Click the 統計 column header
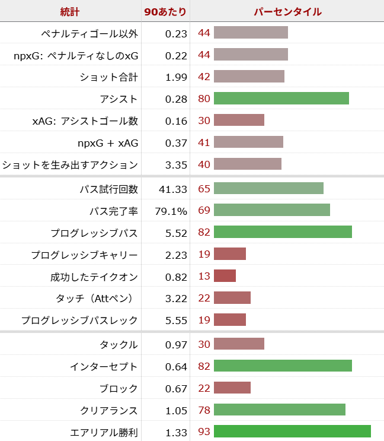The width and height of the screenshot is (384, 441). click(x=70, y=12)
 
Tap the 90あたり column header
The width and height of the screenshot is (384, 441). click(x=165, y=12)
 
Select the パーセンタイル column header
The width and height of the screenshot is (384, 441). click(x=287, y=12)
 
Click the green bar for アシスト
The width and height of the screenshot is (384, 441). click(x=281, y=99)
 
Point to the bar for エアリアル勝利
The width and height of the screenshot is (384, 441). click(x=292, y=432)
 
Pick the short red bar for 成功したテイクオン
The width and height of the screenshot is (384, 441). click(x=225, y=277)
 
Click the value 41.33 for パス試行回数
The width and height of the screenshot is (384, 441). click(x=173, y=189)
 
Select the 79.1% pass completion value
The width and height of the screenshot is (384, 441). click(x=172, y=211)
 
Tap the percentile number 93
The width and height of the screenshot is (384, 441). click(x=204, y=432)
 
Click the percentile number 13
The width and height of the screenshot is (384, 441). click(x=204, y=277)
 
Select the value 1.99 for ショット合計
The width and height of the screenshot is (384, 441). click(x=176, y=77)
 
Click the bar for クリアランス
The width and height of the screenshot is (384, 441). click(x=279, y=410)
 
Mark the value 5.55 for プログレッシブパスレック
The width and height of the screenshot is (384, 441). click(x=176, y=321)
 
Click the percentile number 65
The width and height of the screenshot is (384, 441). click(x=204, y=189)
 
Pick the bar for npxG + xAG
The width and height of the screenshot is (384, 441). click(x=248, y=142)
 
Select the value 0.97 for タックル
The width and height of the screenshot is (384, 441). click(x=176, y=345)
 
